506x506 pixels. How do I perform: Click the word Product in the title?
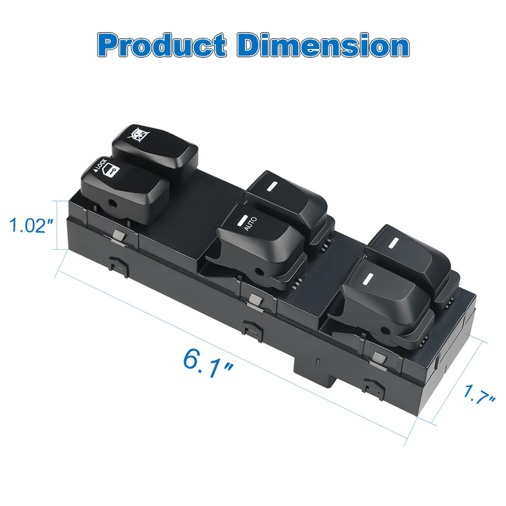tap(162, 45)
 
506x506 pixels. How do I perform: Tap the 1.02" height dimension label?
tap(31, 225)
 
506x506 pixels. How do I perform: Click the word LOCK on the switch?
tap(100, 165)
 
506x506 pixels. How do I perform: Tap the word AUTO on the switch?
tap(250, 223)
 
